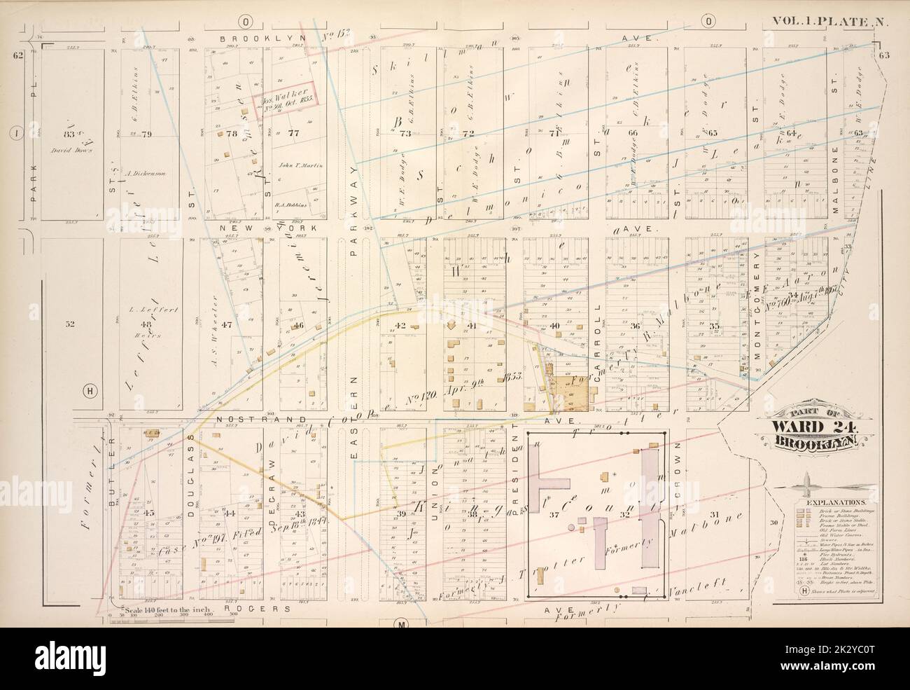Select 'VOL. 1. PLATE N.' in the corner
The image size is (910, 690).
click(x=829, y=22)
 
